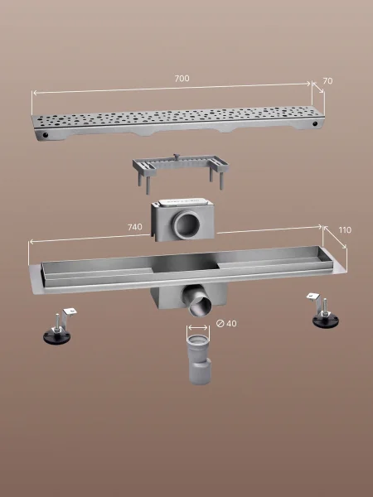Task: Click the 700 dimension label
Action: coord(182,79)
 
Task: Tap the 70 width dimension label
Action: coord(327,81)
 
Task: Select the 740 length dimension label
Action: coord(135,227)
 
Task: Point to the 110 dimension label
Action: coord(345,229)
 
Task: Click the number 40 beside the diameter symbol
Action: coord(231,323)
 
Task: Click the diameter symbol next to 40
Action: coord(220,323)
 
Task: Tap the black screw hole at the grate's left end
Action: coord(46,135)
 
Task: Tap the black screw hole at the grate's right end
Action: coord(315,123)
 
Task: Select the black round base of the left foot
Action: coord(57,337)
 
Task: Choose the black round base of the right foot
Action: coord(326,321)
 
